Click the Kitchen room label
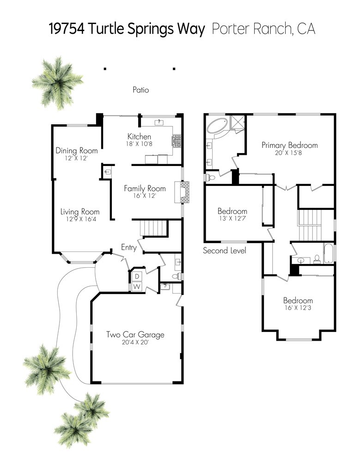139,137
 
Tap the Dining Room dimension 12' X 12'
76,158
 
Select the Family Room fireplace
182,192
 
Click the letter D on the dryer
137,276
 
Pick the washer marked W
137,287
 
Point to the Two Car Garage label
135,335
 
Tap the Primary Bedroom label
290,145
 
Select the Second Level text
225,251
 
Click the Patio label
141,90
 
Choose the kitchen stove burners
177,140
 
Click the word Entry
128,247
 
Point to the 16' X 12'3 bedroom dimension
298,308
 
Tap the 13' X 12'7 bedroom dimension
232,219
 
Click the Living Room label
80,212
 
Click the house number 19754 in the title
67,29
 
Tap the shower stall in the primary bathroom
238,123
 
